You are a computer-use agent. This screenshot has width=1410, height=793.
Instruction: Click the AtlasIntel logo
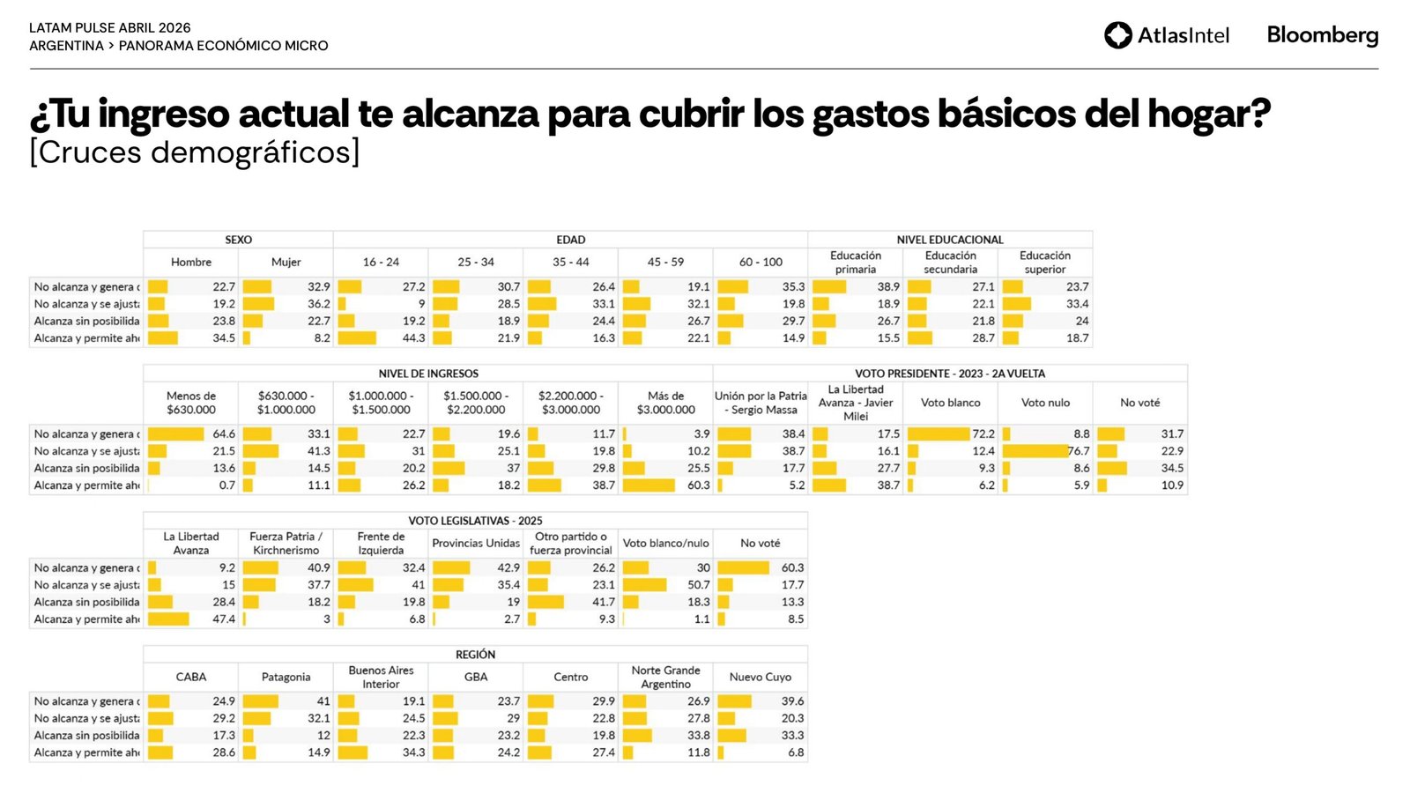[x=1166, y=35]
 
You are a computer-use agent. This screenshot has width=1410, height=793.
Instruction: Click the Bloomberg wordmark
[x=1322, y=35]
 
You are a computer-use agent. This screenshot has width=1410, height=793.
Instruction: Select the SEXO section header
[x=238, y=240]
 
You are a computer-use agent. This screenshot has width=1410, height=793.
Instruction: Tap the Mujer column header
[x=286, y=263]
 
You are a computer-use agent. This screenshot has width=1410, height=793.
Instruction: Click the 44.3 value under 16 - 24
[x=413, y=338]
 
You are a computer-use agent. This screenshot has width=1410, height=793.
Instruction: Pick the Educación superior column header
[x=1045, y=263]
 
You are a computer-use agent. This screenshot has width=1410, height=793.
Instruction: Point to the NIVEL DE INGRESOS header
[x=428, y=374]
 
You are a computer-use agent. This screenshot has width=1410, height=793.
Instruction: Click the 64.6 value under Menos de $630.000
[x=224, y=434]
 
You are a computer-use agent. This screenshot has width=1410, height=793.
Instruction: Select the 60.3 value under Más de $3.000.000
[x=698, y=485]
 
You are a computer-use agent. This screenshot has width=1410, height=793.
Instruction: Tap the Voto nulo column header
[x=1045, y=403]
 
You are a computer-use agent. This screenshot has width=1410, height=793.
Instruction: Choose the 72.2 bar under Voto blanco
[x=939, y=434]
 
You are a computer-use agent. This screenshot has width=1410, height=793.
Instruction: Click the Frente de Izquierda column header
[x=381, y=544]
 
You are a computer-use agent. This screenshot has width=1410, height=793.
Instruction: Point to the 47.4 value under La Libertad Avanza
[x=224, y=619]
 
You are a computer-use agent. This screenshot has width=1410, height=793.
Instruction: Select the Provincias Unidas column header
[x=476, y=544]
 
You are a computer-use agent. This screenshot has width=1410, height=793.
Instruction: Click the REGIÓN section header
[x=475, y=655]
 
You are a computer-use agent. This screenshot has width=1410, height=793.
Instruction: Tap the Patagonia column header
[x=286, y=678]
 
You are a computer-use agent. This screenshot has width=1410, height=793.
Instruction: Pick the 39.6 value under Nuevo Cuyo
[x=792, y=701]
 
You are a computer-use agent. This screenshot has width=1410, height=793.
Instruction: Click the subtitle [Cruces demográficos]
[x=195, y=152]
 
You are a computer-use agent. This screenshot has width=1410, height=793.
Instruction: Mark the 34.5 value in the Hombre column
[x=224, y=338]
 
